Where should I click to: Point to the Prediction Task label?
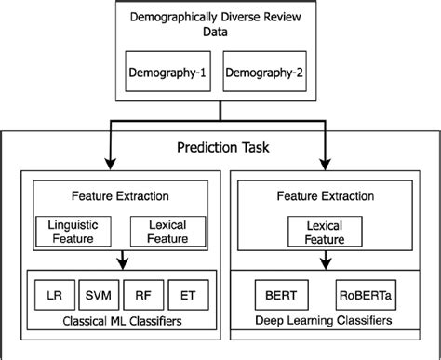(220, 148)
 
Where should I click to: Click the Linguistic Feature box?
(73, 231)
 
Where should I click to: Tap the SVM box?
(97, 297)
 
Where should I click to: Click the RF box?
(142, 297)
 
